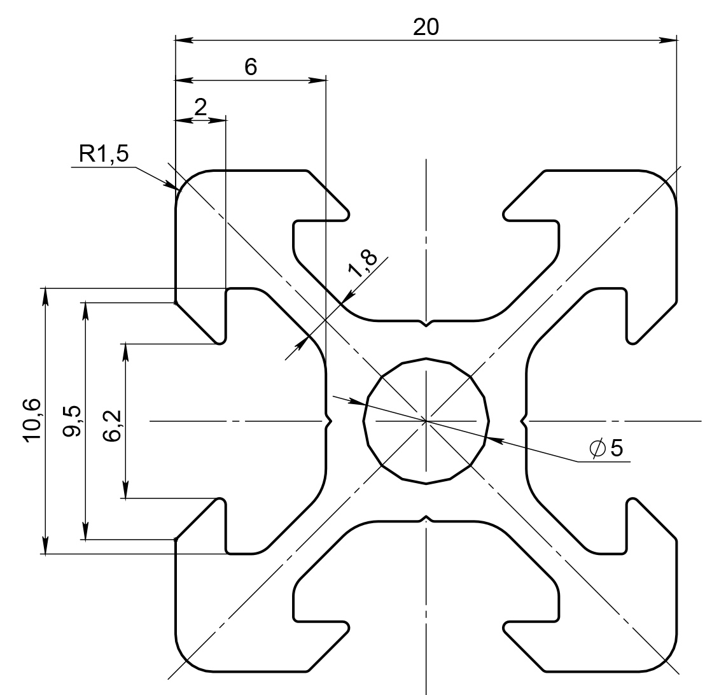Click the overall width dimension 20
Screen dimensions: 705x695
pyautogui.click(x=425, y=27)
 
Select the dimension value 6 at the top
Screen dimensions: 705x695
pyautogui.click(x=251, y=67)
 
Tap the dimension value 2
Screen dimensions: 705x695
pyautogui.click(x=200, y=107)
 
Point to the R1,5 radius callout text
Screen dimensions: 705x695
pyautogui.click(x=104, y=153)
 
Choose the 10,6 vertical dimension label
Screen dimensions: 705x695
pyautogui.click(x=33, y=421)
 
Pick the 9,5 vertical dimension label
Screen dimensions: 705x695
pyautogui.click(x=72, y=421)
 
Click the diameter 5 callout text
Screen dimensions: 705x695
pyautogui.click(x=606, y=449)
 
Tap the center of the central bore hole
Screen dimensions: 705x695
pyautogui.click(x=426, y=421)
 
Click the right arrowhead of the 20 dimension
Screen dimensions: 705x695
pyautogui.click(x=668, y=40)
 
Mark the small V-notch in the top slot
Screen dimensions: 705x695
pyautogui.click(x=426, y=323)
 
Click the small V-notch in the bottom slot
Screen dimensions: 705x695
pyautogui.click(x=426, y=519)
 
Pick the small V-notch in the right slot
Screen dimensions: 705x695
pyautogui.click(x=524, y=421)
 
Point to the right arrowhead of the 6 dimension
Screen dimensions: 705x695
pyautogui.click(x=316, y=80)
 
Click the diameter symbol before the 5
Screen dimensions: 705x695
pyautogui.click(x=598, y=449)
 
